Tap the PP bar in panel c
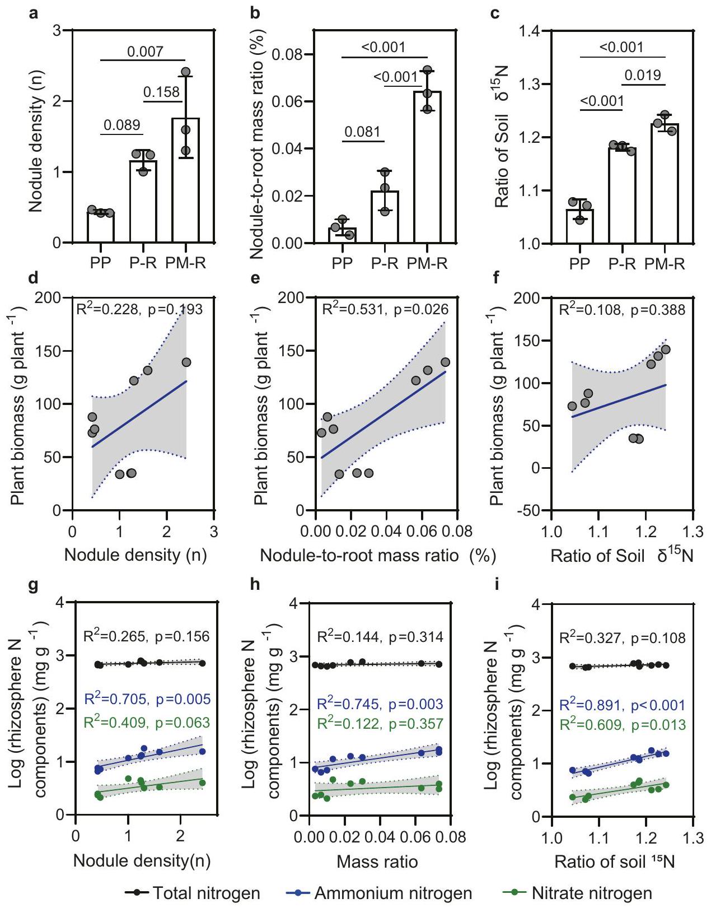tap(579, 226)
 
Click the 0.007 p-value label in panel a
tap(145, 52)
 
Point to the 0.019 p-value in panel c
tap(643, 75)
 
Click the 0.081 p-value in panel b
tap(362, 132)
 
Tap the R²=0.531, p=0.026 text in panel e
tap(385, 309)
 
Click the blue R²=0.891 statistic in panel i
tap(623, 706)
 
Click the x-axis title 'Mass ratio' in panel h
tap(377, 861)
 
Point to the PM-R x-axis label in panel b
tap(427, 263)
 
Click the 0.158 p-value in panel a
tap(162, 92)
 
